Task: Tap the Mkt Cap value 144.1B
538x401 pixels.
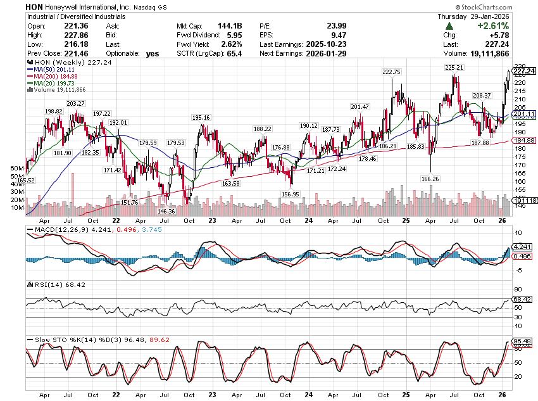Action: coord(232,26)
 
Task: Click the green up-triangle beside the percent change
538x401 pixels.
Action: coord(448,26)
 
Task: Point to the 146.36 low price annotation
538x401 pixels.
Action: coord(166,211)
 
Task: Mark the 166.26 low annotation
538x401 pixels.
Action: coord(429,179)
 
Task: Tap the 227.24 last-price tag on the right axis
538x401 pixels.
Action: coord(525,71)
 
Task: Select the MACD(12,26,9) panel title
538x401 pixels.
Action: coord(54,229)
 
